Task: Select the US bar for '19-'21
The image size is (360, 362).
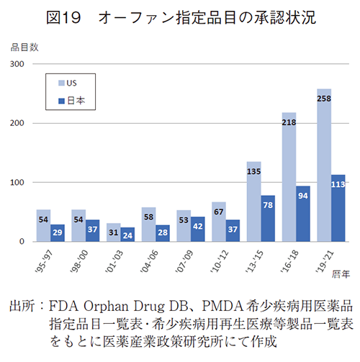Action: [x=323, y=165]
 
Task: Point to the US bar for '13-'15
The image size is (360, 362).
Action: [x=253, y=202]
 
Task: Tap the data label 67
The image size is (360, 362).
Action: [x=219, y=212]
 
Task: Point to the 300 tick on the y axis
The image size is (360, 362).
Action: [x=17, y=64]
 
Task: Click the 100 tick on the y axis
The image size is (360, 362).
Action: [x=17, y=183]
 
